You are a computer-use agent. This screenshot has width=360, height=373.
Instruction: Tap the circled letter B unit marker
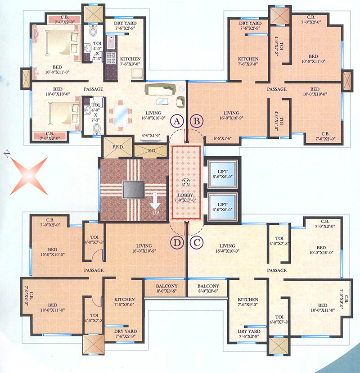coord(197,121)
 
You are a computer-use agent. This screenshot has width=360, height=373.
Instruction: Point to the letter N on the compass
coord(7,154)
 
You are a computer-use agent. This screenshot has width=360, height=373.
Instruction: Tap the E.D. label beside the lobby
coord(151,151)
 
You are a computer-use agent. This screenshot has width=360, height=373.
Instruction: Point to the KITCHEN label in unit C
coord(248,300)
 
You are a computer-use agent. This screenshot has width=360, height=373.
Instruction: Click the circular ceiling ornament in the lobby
coord(185,182)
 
